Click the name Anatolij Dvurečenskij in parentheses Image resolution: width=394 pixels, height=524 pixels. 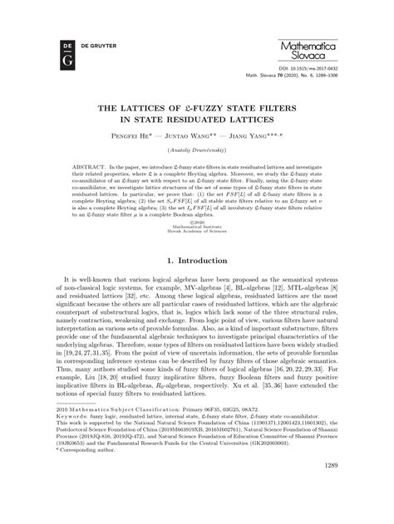pyautogui.click(x=197, y=150)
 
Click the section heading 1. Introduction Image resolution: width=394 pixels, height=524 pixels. pyautogui.click(x=197, y=264)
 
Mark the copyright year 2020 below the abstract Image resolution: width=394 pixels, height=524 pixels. pyautogui.click(x=198, y=222)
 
